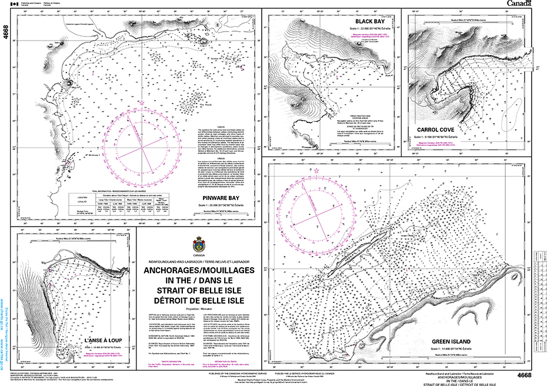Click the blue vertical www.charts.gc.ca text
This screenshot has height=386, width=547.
pos(4,324)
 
